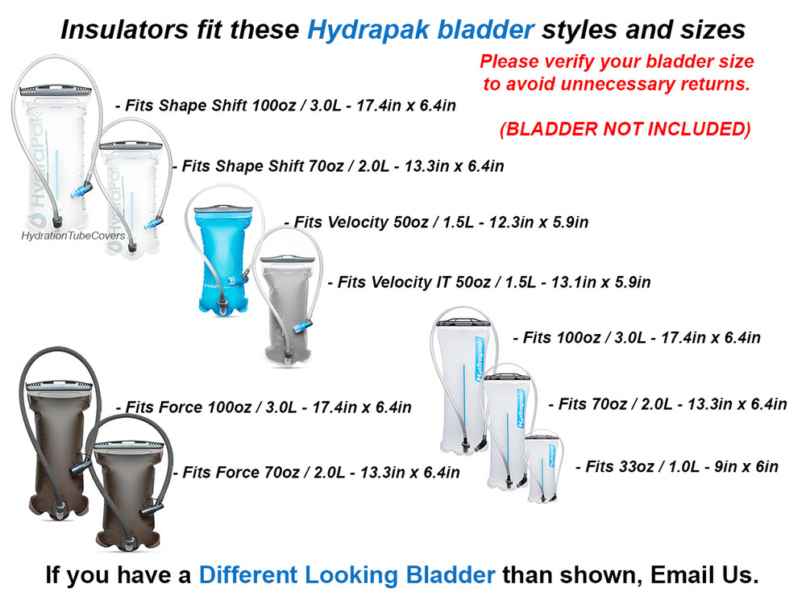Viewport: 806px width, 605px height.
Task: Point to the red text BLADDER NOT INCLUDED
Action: coord(625,129)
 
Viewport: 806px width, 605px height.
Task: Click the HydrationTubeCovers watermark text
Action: coord(73,236)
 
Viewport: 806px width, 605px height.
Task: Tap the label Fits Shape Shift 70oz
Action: coord(339,166)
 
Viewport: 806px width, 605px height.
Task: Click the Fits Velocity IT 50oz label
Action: coord(489,282)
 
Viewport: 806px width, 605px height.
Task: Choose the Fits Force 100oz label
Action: coord(264,407)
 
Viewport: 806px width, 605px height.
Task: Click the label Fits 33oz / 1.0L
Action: coord(676,466)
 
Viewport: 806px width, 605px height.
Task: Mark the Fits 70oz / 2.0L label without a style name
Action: coord(667,404)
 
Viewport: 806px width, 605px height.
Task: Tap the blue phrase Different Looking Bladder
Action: coord(347,575)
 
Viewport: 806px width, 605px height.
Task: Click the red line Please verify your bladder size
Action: coord(617,61)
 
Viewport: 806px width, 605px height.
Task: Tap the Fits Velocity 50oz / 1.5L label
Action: coord(436,222)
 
